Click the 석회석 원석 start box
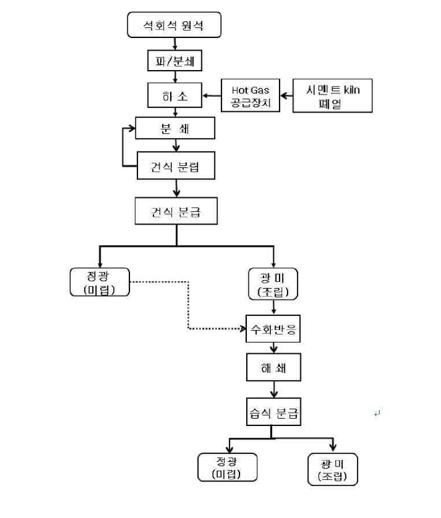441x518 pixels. point(173,27)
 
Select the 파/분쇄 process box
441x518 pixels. point(173,61)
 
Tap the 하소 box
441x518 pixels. point(173,95)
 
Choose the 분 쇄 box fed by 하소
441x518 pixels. point(175,128)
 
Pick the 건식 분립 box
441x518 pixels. point(175,165)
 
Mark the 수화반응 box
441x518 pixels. point(274,329)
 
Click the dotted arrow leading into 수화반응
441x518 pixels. point(189,313)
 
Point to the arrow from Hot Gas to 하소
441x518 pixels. point(212,96)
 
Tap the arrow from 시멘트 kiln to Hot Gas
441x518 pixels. point(286,96)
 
